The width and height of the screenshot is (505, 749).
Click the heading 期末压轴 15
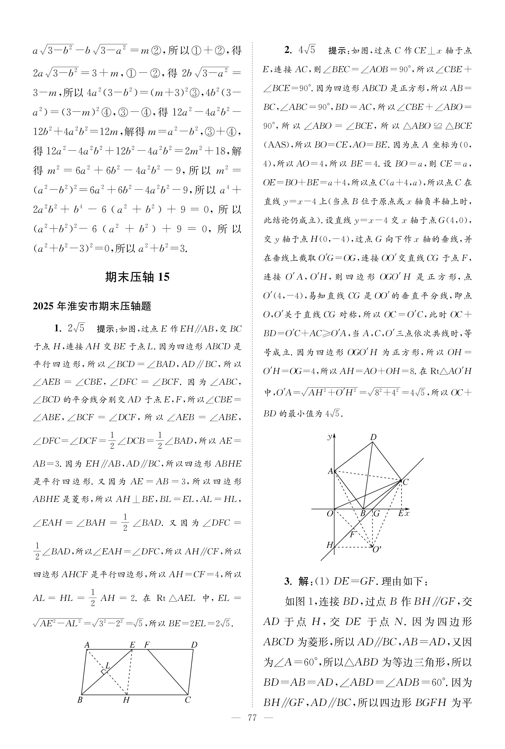[137, 277]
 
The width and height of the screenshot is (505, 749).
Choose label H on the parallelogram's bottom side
[126, 700]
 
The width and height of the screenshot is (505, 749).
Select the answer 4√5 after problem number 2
[307, 50]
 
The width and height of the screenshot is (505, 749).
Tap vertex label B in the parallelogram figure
[80, 700]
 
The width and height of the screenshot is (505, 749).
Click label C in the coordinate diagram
[405, 482]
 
